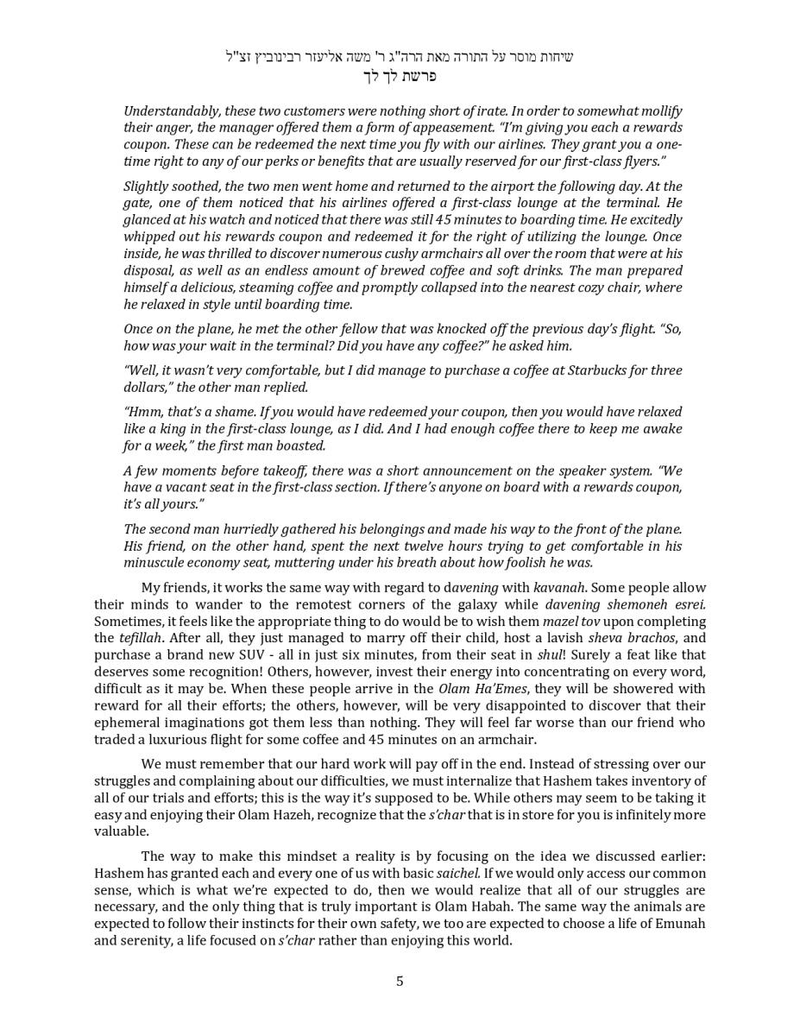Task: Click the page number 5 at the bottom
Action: pos(400,981)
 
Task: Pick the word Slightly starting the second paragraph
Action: pos(148,186)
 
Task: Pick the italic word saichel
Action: pos(457,874)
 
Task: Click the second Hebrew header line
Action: pos(400,76)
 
